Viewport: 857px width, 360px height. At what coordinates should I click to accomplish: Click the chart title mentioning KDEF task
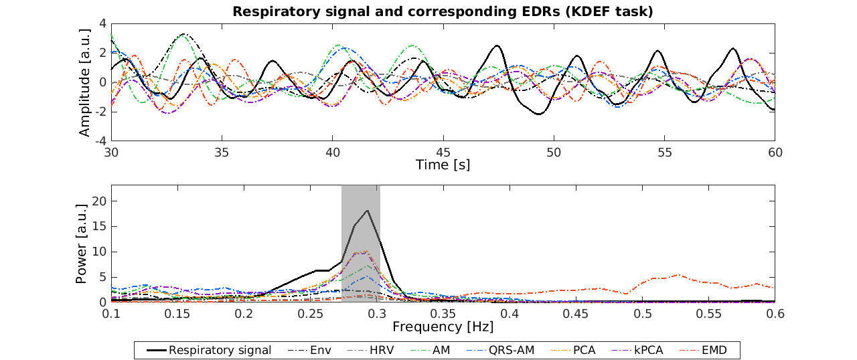pos(442,11)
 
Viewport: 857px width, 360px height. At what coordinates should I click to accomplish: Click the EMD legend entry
pos(714,350)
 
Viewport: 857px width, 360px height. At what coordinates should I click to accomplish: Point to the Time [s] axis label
pos(443,165)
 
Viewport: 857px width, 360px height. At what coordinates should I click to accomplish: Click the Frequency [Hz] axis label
pos(443,327)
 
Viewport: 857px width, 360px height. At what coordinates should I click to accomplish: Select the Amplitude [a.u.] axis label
pos(84,82)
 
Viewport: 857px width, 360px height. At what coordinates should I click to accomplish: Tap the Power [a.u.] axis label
pos(82,244)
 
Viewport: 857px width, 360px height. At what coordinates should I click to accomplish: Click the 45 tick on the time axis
pos(443,152)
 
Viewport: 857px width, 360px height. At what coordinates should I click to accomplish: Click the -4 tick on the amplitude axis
pos(102,141)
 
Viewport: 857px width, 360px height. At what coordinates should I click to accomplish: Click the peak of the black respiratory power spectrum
pos(367,211)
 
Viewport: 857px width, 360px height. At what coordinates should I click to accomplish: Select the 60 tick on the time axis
pos(775,152)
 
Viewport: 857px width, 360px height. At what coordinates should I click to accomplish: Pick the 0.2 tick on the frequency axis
pos(244,313)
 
